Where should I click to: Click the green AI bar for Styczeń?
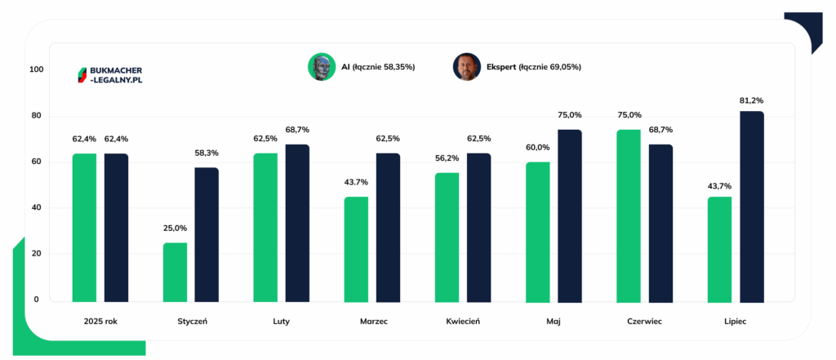pos(175,273)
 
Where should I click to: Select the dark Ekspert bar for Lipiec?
pos(752,207)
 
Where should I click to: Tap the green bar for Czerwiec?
pos(629,216)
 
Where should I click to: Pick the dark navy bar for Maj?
pos(570,216)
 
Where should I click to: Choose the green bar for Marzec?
pos(356,250)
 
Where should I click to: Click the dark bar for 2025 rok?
pos(116,228)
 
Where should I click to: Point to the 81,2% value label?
pos(752,100)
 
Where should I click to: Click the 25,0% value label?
pos(175,229)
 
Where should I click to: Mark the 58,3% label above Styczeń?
pos(207,153)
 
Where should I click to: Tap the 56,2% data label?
pos(447,158)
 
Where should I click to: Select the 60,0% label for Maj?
pos(537,147)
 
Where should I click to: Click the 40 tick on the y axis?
pos(37,207)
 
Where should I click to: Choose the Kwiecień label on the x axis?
pos(463,322)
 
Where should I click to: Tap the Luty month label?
pos(281,322)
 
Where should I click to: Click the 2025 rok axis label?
pos(100,322)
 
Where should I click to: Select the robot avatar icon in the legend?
pos(322,67)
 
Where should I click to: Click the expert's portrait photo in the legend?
pos(467,67)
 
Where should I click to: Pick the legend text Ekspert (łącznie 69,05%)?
pos(534,67)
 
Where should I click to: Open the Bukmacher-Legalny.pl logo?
pos(110,75)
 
